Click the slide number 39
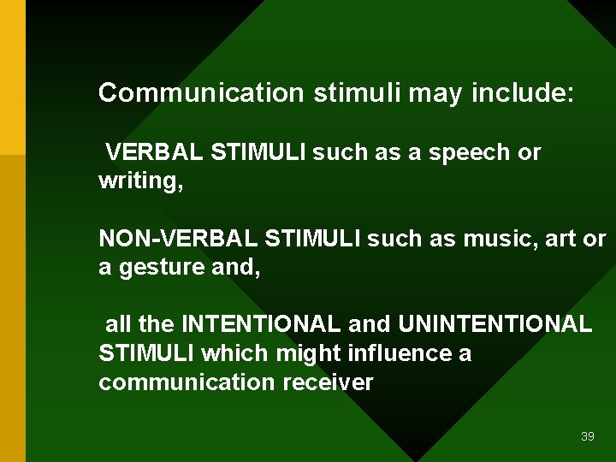pos(587,436)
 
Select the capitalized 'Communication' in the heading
pos(201,92)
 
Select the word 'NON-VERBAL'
pos(179,239)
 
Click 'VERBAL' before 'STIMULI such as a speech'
pos(154,153)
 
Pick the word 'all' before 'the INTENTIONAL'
pos(118,324)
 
